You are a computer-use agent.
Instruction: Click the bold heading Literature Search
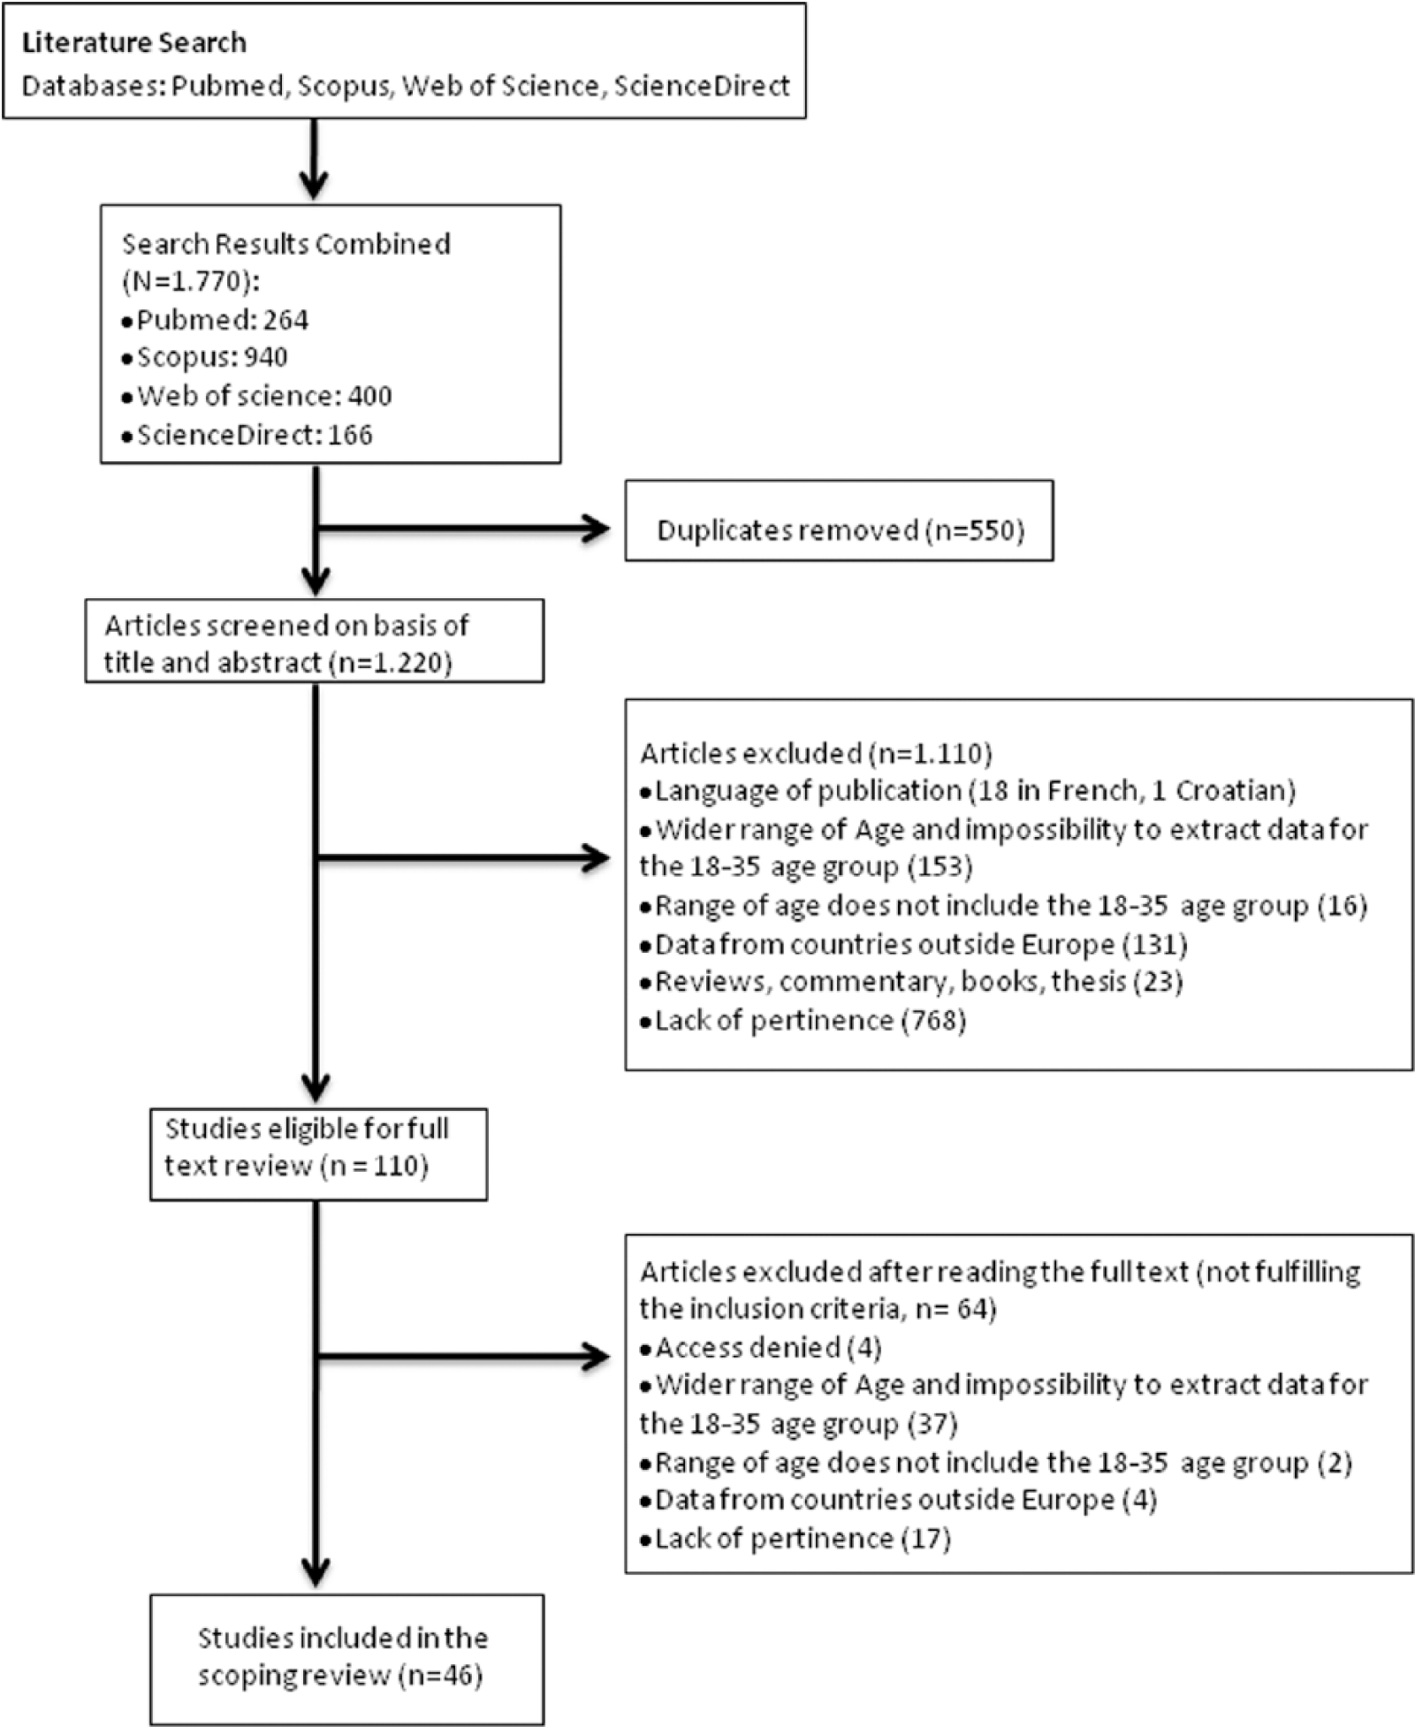coord(134,42)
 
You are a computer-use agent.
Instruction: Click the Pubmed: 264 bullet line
coord(216,319)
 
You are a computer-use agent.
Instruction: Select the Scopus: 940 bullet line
coord(205,357)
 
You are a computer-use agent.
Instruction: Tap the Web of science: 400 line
coord(257,395)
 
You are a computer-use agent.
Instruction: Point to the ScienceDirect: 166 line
coord(247,434)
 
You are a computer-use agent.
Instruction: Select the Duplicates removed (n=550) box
coord(839,521)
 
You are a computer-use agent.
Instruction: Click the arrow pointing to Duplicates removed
coord(463,529)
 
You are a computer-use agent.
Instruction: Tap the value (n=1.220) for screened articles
coord(390,663)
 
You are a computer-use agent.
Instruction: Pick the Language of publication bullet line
coord(968,790)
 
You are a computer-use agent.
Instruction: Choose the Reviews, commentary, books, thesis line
coord(911,982)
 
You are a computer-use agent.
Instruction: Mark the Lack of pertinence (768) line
coord(803,1021)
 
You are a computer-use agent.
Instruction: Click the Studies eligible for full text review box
coord(318,1154)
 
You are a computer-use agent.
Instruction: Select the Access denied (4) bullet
coord(761,1348)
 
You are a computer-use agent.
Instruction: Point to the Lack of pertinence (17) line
coord(795,1539)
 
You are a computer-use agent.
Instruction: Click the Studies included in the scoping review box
coord(346,1659)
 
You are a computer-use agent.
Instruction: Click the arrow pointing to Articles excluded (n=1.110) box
coord(463,857)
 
